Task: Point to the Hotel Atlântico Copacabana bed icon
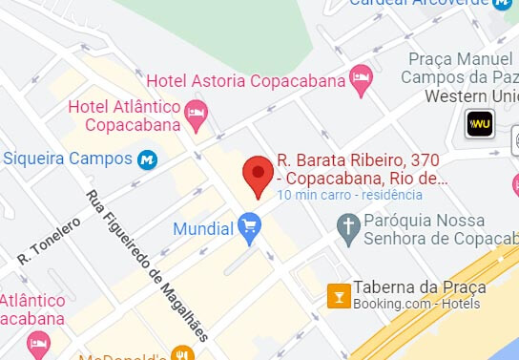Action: click(197, 115)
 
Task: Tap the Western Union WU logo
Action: click(478, 123)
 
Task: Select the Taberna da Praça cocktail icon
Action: click(338, 295)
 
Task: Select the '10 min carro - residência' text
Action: click(349, 195)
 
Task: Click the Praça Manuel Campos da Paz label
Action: click(463, 68)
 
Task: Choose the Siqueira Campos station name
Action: click(67, 158)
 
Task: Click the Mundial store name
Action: click(203, 229)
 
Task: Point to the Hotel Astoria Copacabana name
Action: click(245, 80)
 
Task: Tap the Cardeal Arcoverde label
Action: click(419, 3)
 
